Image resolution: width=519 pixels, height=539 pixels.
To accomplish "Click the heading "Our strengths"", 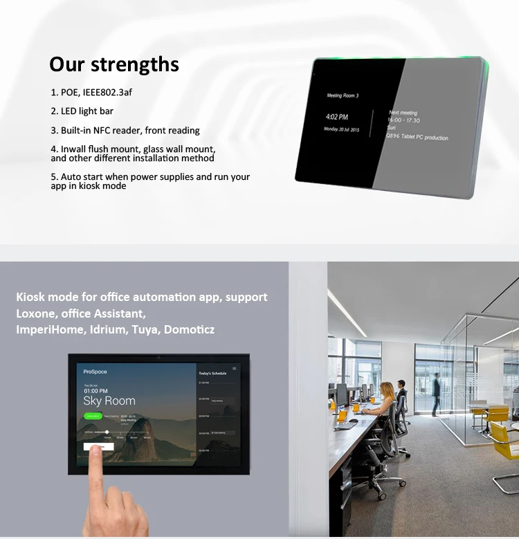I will tap(114, 64).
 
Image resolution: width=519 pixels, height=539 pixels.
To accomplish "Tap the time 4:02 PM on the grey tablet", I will tap(337, 117).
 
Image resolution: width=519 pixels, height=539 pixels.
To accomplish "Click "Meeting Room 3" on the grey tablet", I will tap(343, 95).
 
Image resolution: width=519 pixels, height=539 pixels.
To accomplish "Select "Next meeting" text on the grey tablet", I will tap(403, 112).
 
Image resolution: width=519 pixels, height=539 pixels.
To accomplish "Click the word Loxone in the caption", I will tap(37, 313).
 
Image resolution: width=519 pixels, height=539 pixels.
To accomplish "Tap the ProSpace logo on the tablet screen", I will tap(95, 372).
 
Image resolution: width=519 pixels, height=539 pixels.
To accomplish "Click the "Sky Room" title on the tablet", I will tap(109, 401).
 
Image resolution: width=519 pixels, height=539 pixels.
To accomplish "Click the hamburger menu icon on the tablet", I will tap(235, 369).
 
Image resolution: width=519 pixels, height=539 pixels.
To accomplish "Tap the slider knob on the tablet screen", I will tap(107, 432).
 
